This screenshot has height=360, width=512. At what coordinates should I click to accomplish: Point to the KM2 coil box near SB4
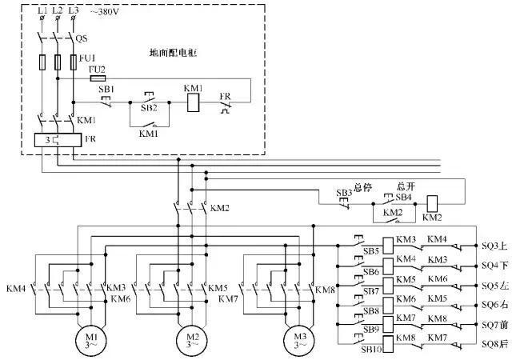pyautogui.click(x=432, y=203)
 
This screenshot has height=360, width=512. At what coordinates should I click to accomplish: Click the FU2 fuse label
pyautogui.click(x=97, y=70)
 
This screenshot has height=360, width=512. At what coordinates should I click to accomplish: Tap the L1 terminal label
pyautogui.click(x=42, y=10)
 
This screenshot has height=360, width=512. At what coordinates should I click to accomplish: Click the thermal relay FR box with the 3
pyautogui.click(x=50, y=140)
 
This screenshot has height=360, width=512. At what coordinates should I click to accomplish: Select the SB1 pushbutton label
pyautogui.click(x=106, y=90)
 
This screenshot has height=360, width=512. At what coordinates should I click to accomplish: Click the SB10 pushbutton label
pyautogui.click(x=370, y=350)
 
